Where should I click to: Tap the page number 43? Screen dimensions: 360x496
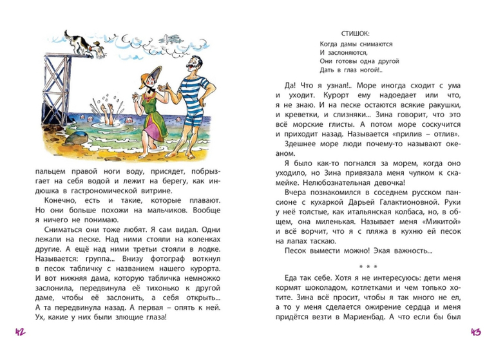[476, 332]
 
